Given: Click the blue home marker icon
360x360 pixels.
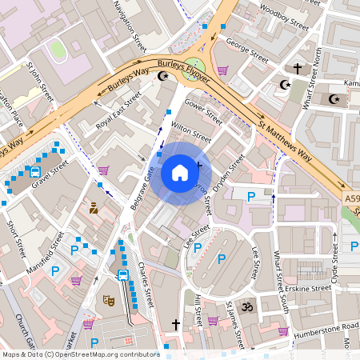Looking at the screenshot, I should [x=180, y=172].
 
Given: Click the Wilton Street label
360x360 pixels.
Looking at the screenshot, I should [x=190, y=133].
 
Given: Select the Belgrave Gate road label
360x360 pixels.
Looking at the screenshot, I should [x=142, y=189].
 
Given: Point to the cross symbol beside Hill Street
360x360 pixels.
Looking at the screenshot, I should [x=176, y=324].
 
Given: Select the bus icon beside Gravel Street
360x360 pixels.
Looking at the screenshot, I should [x=35, y=170].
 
